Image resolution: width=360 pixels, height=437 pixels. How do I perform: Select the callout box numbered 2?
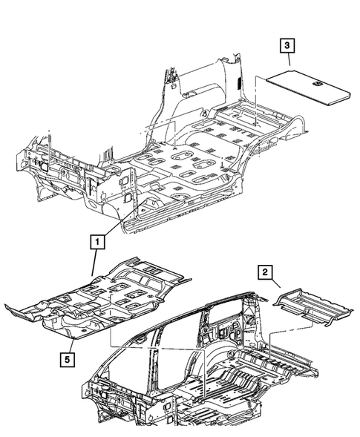pos(264,272)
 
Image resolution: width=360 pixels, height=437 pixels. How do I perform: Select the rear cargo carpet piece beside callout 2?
pos(307,303)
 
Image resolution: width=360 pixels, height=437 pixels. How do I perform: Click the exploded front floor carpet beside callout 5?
pos(96,300)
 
